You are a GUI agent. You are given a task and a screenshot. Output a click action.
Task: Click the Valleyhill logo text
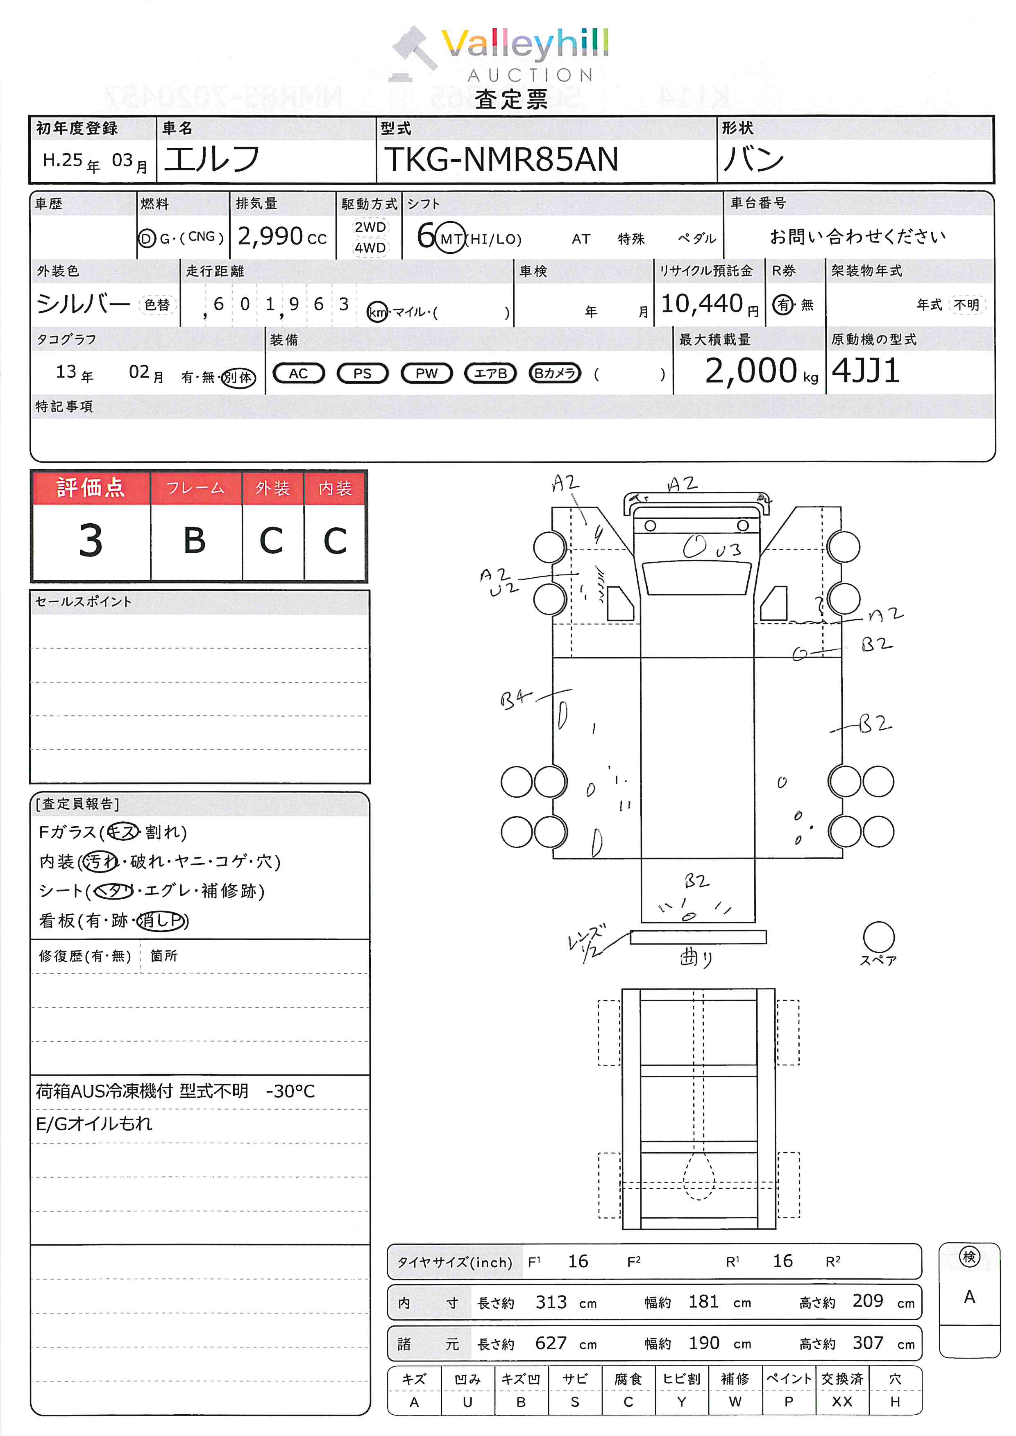point(524,44)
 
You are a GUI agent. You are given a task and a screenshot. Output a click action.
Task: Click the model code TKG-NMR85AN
point(501,159)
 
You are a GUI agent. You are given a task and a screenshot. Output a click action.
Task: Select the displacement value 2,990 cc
point(281,236)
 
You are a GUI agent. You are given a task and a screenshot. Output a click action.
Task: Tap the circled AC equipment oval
point(298,373)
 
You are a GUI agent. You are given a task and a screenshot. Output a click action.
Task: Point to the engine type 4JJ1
point(866,371)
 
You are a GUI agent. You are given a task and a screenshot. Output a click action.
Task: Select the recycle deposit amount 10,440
point(702,304)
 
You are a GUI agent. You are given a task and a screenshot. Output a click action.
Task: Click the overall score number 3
point(91,540)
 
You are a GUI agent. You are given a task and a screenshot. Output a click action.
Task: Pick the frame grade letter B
point(195,540)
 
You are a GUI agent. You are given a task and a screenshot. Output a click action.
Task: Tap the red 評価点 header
point(91,487)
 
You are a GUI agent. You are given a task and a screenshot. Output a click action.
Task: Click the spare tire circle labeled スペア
point(878,937)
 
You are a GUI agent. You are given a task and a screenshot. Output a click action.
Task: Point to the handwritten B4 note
point(514,699)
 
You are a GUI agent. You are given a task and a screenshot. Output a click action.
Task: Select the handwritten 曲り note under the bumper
point(696,957)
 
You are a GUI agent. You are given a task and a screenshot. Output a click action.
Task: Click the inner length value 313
point(551,1302)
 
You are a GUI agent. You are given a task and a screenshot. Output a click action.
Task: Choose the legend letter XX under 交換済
point(842,1402)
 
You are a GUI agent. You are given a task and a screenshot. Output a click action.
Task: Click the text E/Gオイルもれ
point(94,1124)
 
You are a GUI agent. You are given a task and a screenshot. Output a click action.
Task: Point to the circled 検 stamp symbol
point(969,1257)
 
